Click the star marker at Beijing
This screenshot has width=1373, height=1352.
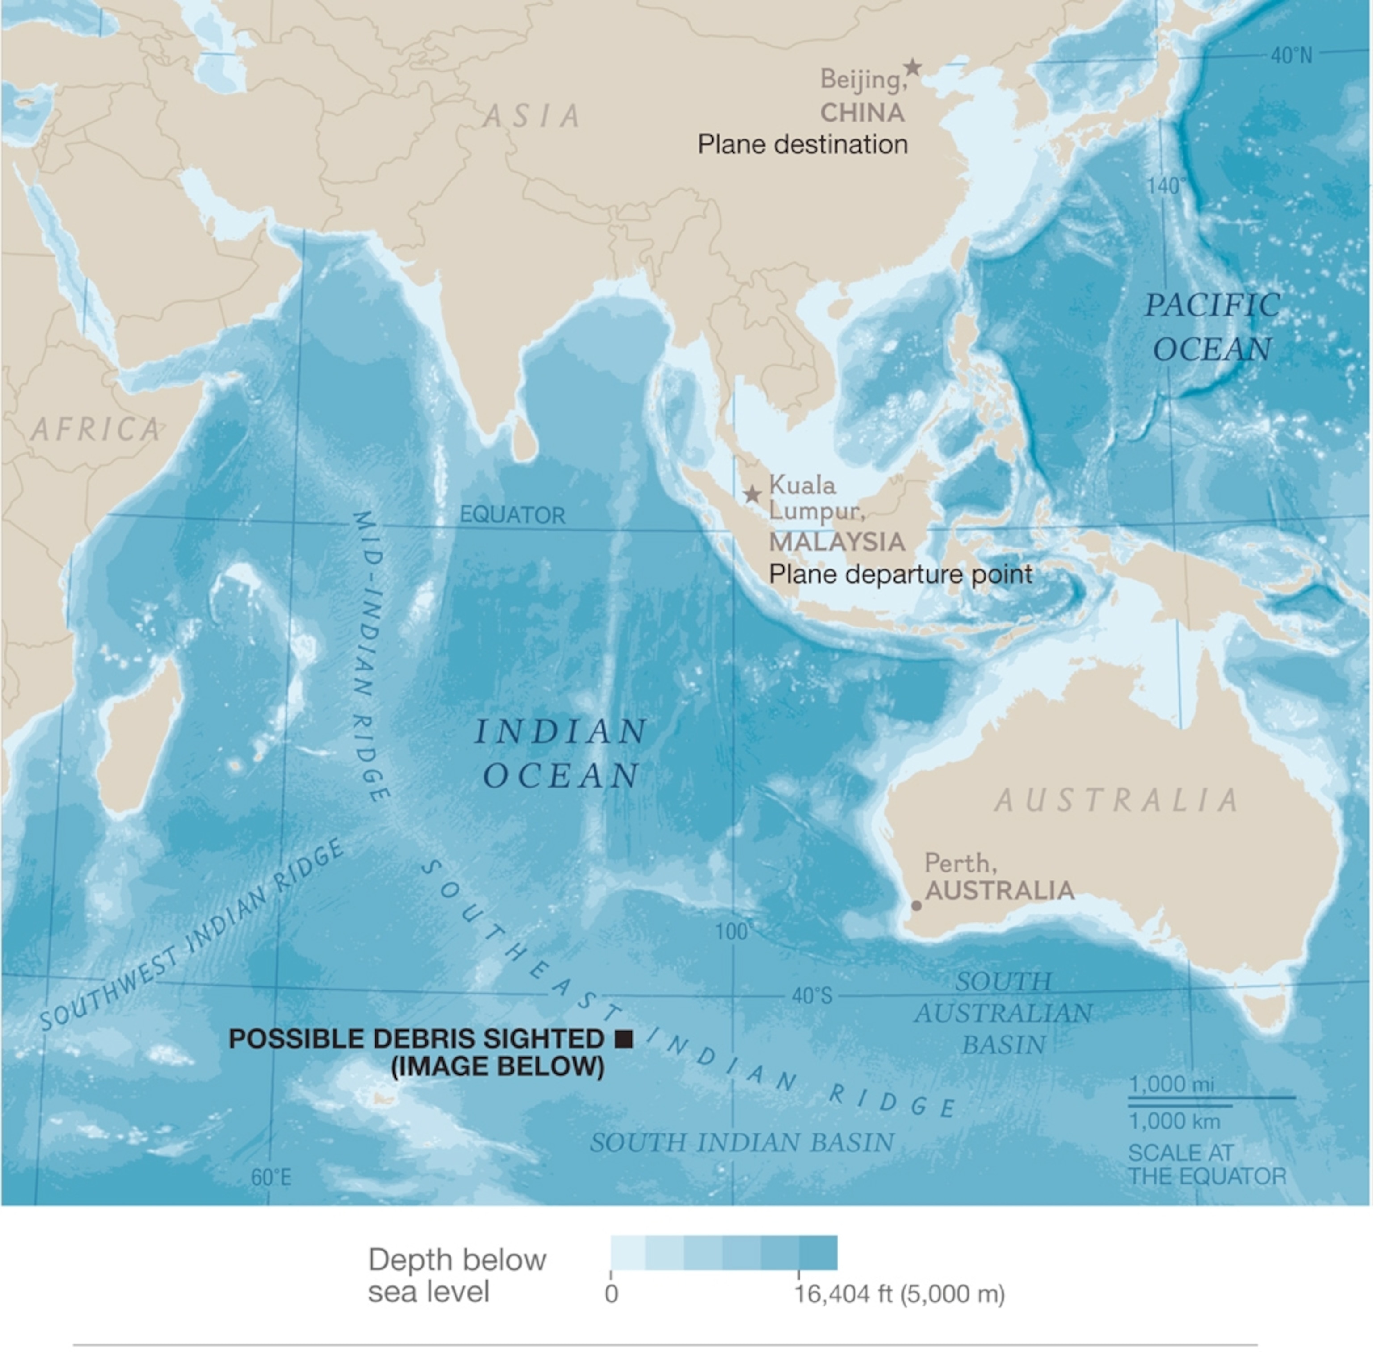tap(912, 67)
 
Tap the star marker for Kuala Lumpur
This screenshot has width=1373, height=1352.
tap(752, 494)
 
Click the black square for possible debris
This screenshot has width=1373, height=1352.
tap(623, 1039)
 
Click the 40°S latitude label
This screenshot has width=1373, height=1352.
tap(812, 996)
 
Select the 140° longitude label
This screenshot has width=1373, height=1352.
tap(1166, 186)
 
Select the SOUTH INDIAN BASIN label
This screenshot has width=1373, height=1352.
tap(742, 1142)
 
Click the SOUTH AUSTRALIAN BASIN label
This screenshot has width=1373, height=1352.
tap(1003, 1013)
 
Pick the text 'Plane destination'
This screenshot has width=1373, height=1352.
tap(802, 145)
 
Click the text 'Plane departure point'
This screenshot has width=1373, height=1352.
tap(900, 574)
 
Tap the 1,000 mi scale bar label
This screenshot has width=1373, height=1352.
tap(1171, 1084)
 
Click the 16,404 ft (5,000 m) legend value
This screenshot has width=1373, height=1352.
tap(899, 1294)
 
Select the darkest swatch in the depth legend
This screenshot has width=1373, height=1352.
tap(818, 1253)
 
